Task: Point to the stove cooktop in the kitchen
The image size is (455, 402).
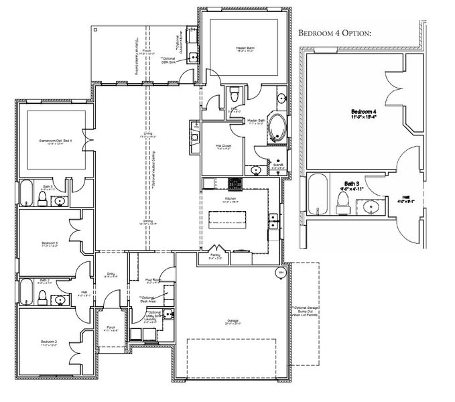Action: coord(235,183)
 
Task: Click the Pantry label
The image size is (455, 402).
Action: coord(215,255)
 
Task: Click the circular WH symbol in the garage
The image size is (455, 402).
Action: coord(280,273)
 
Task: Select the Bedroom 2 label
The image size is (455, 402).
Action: coord(46,344)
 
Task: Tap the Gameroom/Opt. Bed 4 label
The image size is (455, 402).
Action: coord(55,141)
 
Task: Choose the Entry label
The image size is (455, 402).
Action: coord(111,274)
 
